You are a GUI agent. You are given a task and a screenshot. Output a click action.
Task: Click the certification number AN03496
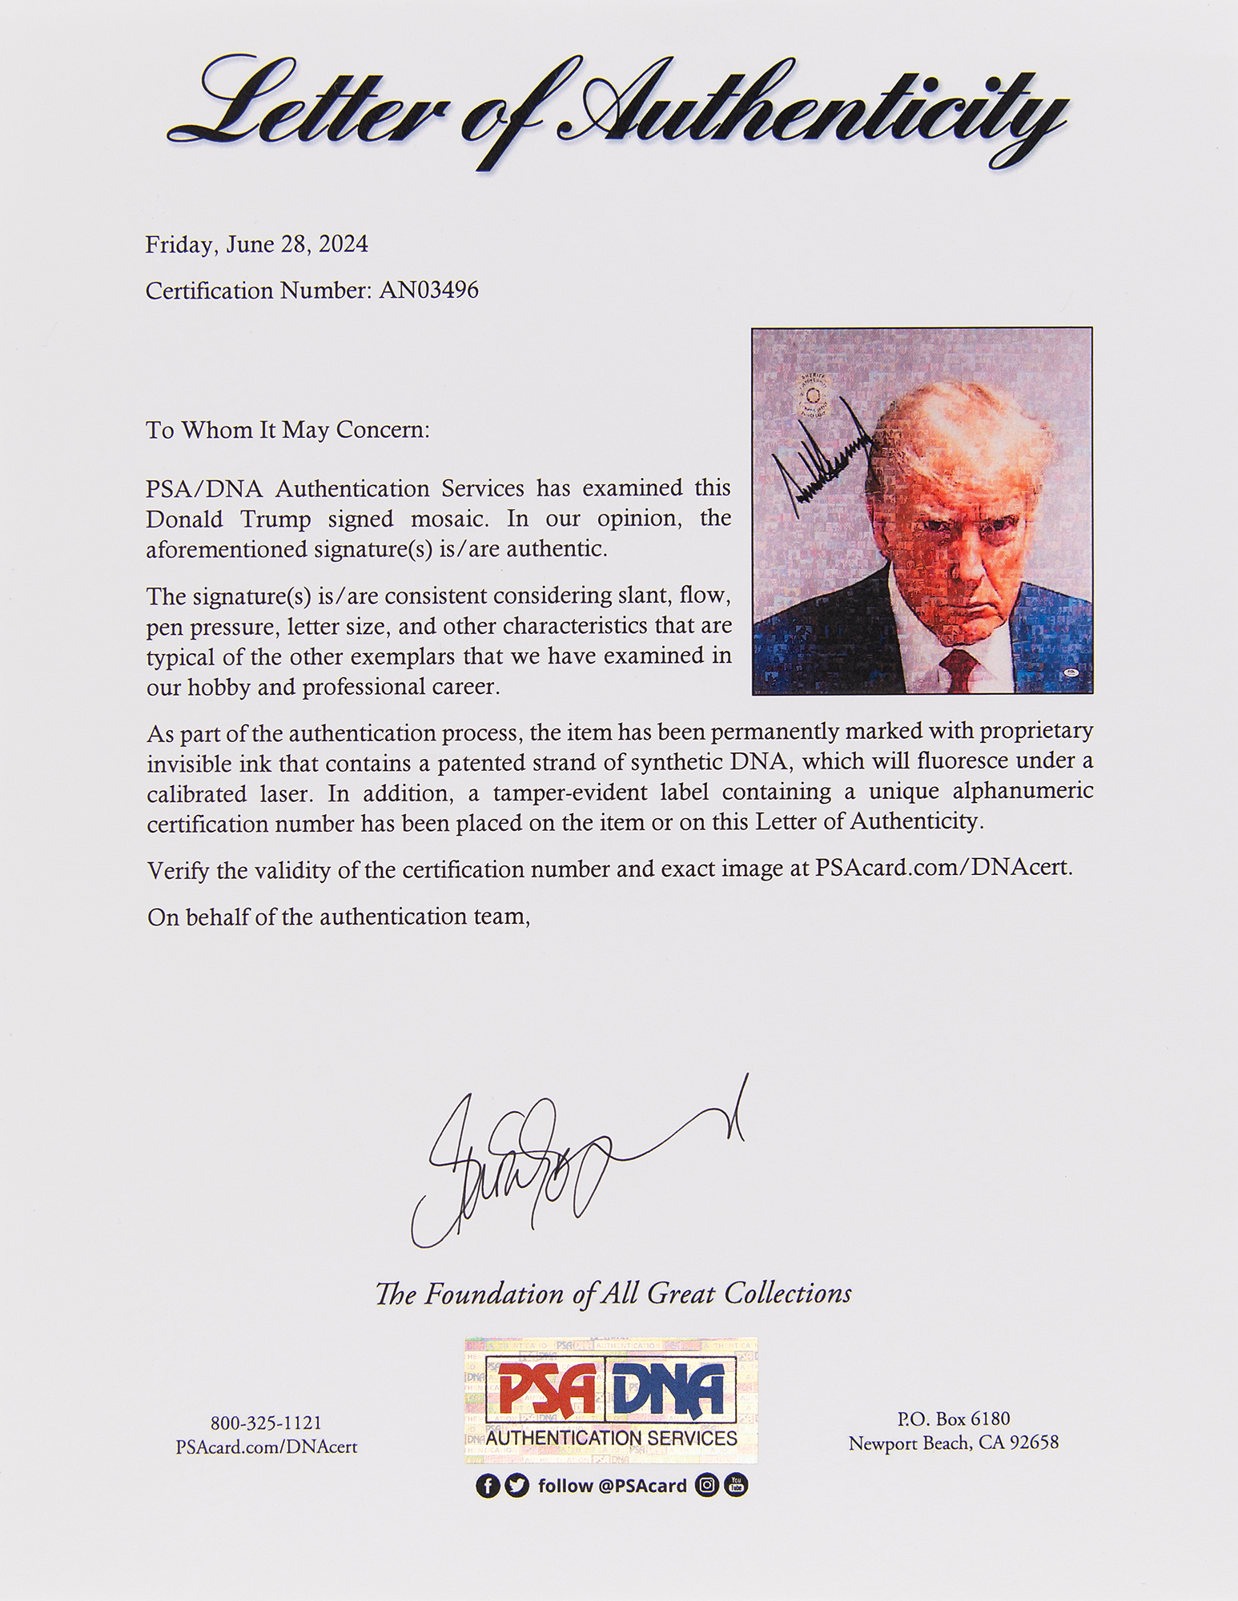tap(428, 290)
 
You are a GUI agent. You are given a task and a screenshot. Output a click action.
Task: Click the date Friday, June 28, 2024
tap(256, 244)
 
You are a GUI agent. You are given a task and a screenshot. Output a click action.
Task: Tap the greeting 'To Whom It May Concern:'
tap(287, 430)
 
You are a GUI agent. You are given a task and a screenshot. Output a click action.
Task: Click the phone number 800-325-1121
tap(266, 1422)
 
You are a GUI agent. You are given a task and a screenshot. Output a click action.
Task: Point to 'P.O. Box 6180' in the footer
tap(953, 1418)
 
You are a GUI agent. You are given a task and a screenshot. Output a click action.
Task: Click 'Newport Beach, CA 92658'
tap(953, 1443)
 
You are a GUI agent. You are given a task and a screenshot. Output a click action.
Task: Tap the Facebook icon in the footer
tap(488, 1486)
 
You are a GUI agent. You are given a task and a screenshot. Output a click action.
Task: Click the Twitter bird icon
tap(517, 1486)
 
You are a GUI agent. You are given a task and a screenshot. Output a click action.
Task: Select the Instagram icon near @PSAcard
tap(707, 1486)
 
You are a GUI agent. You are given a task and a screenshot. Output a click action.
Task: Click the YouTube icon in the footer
tap(736, 1486)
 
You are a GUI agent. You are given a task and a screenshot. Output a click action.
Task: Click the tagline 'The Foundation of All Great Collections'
tap(613, 1294)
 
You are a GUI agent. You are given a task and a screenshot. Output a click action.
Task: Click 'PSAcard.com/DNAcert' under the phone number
tap(266, 1447)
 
